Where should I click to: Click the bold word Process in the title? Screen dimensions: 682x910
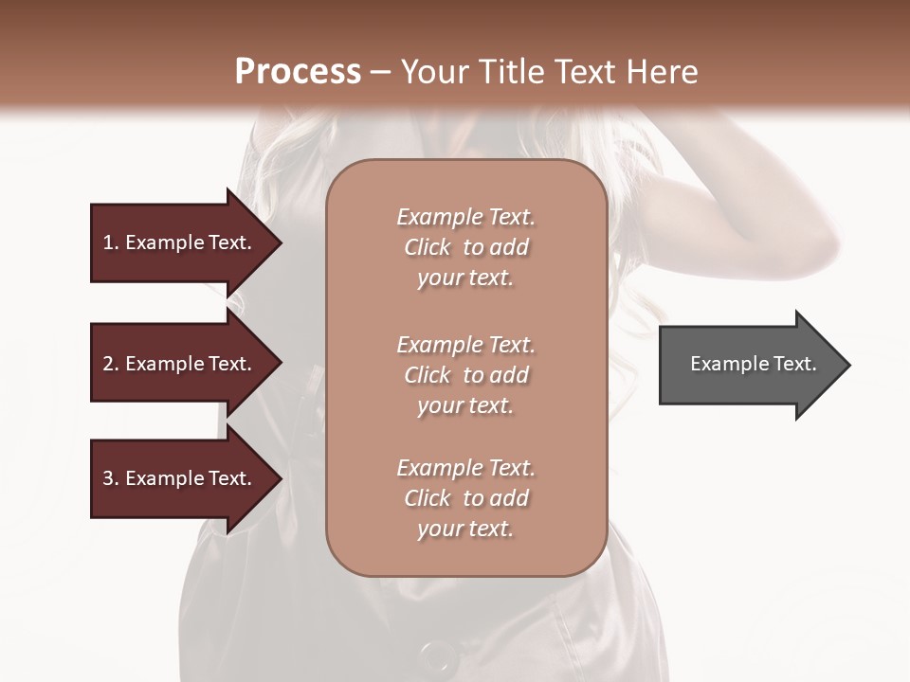pos(298,71)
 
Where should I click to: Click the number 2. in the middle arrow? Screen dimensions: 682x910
pos(110,364)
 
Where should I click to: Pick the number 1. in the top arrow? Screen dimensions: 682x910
pos(110,242)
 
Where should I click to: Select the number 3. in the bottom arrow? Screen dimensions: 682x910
pos(110,478)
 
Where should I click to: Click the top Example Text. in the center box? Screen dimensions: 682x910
pos(465,217)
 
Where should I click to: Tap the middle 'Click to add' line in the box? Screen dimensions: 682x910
pos(465,375)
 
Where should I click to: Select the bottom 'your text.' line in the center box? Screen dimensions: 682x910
pos(465,529)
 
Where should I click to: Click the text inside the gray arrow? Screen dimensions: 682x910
pos(754,364)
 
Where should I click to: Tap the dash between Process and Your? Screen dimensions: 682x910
pos(381,72)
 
